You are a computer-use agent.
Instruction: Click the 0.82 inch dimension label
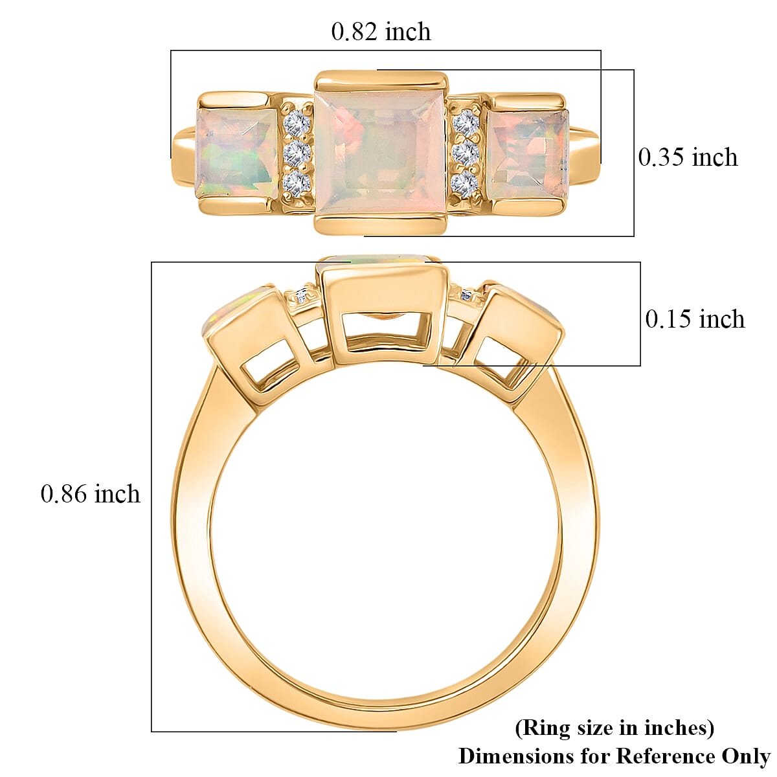click(x=381, y=32)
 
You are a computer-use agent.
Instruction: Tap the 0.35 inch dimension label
click(x=688, y=157)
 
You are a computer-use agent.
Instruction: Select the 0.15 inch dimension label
click(x=695, y=319)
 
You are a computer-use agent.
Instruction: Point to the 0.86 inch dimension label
click(x=90, y=493)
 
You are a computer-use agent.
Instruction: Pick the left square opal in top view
click(x=237, y=154)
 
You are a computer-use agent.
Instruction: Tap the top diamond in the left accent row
click(x=297, y=122)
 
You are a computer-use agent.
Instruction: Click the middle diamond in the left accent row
click(x=297, y=153)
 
